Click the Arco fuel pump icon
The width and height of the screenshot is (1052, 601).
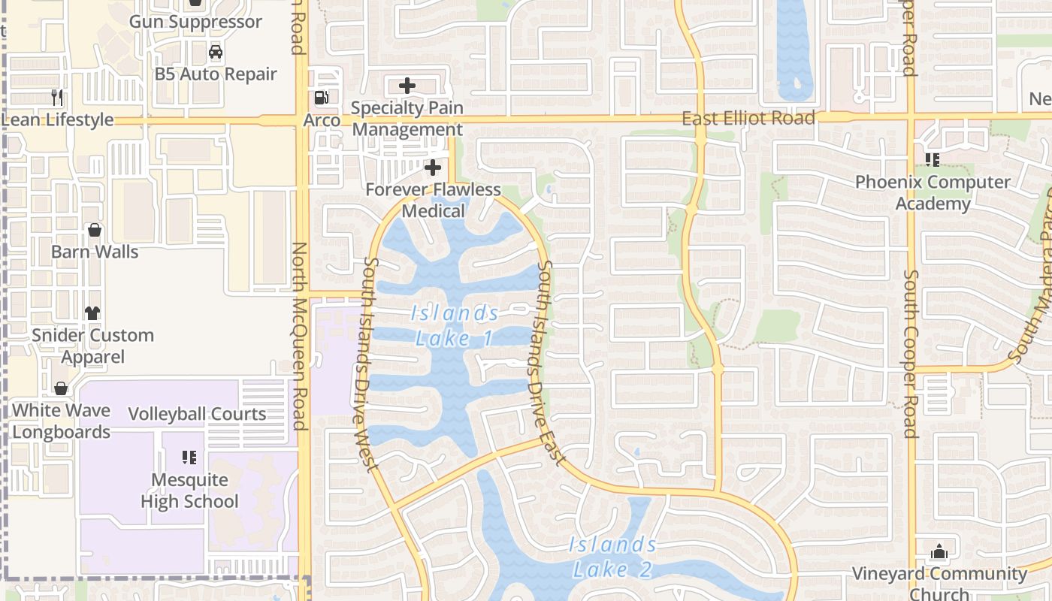point(321,97)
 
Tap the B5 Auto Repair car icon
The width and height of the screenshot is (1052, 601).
point(216,52)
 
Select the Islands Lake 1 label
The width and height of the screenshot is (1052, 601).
point(455,325)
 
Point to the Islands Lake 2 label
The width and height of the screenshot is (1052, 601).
point(612,557)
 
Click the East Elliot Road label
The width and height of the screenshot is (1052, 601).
point(748,118)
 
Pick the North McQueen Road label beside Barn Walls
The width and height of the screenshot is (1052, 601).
point(299,336)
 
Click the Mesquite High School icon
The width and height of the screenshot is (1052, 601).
point(189,457)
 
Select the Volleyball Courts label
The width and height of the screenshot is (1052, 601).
point(197,414)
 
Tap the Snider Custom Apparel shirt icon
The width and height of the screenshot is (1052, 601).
point(92,313)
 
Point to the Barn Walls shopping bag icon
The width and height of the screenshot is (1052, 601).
point(95,229)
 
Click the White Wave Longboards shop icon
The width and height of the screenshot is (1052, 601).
point(61,388)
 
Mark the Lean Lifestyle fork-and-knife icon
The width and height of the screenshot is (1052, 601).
point(56,97)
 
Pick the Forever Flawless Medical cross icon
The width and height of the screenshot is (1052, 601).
point(433,168)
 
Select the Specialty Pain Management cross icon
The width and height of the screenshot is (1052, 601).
point(407,86)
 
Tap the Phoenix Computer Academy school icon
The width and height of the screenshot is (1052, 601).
point(933,159)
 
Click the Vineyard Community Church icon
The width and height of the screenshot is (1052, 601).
point(939,552)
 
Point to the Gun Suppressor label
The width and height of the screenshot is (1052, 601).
point(195,21)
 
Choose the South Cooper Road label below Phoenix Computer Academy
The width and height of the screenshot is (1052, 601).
point(911,355)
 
